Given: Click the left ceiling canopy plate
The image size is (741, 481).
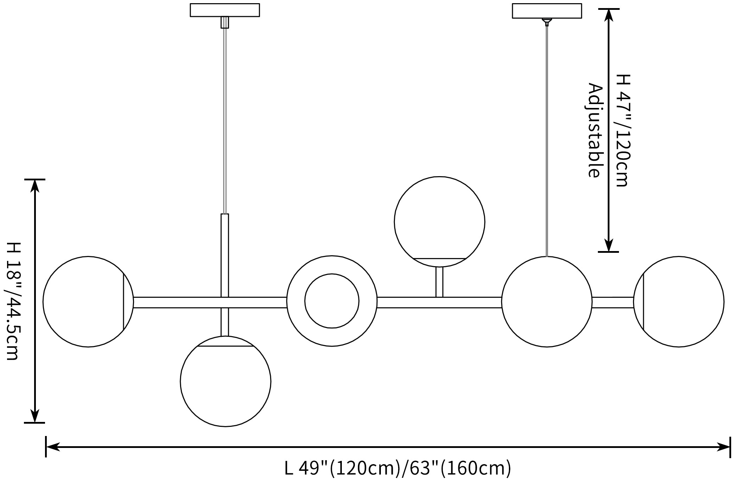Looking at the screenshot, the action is pos(225,10).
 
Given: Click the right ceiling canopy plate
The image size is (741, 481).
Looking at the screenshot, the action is pos(547,11).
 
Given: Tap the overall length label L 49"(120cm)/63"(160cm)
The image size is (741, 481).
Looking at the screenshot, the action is pos(397,468).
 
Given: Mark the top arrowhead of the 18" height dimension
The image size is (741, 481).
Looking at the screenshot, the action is pos(34,186).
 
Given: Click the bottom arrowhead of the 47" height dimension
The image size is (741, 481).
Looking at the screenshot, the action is pos(609,245).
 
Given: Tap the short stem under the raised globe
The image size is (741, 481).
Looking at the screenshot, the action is pos(439,282).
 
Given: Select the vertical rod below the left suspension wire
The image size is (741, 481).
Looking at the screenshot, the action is pos(225,256).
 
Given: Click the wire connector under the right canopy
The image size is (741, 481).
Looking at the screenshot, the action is pos(547,22).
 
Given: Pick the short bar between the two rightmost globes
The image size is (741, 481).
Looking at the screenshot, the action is pos(613,302).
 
